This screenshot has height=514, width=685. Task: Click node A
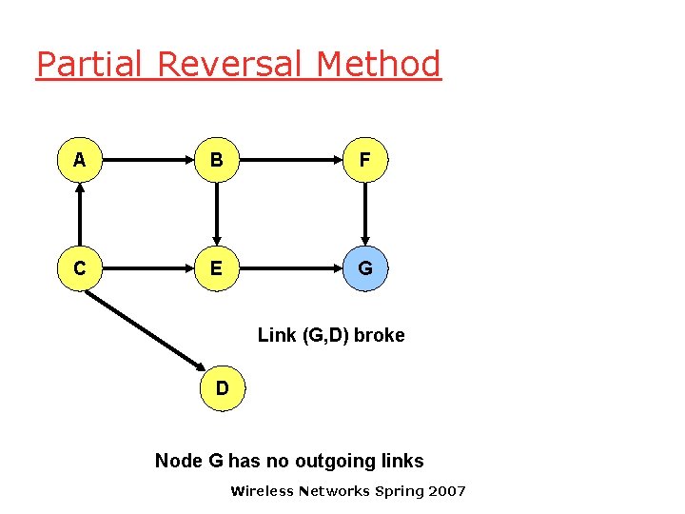point(80,161)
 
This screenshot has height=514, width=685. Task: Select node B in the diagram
point(217,161)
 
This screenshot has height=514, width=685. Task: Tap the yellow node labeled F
point(365,161)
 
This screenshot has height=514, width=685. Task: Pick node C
point(80,269)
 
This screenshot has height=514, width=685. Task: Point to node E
point(217,269)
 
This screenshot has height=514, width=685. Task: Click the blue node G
point(365,269)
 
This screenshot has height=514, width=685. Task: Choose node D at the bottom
point(222,388)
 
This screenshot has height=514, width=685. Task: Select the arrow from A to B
point(148,161)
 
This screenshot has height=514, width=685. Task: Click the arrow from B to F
point(291,161)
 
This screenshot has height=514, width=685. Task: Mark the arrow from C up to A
point(80,215)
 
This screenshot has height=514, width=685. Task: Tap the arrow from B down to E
point(217,215)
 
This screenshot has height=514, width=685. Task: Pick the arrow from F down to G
point(365,215)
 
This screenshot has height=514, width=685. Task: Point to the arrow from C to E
point(148,269)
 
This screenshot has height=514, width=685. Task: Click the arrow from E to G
point(291,269)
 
